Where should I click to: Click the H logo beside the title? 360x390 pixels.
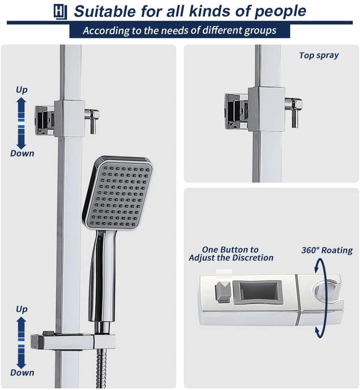pyautogui.click(x=60, y=12)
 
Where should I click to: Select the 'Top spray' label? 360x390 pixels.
pyautogui.click(x=319, y=55)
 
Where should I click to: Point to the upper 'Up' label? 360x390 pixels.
pyautogui.click(x=22, y=90)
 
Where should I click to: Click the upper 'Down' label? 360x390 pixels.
pyautogui.click(x=22, y=153)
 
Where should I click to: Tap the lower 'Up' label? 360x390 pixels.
pyautogui.click(x=22, y=309)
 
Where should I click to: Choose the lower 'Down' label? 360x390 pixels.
pyautogui.click(x=22, y=373)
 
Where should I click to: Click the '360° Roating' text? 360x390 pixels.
pyautogui.click(x=327, y=250)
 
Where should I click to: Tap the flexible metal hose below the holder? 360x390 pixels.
pyautogui.click(x=101, y=368)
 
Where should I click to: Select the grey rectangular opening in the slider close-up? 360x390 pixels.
pyautogui.click(x=257, y=292)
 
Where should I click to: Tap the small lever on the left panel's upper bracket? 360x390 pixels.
pyautogui.click(x=92, y=120)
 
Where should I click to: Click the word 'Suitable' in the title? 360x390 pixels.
pyautogui.click(x=105, y=12)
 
